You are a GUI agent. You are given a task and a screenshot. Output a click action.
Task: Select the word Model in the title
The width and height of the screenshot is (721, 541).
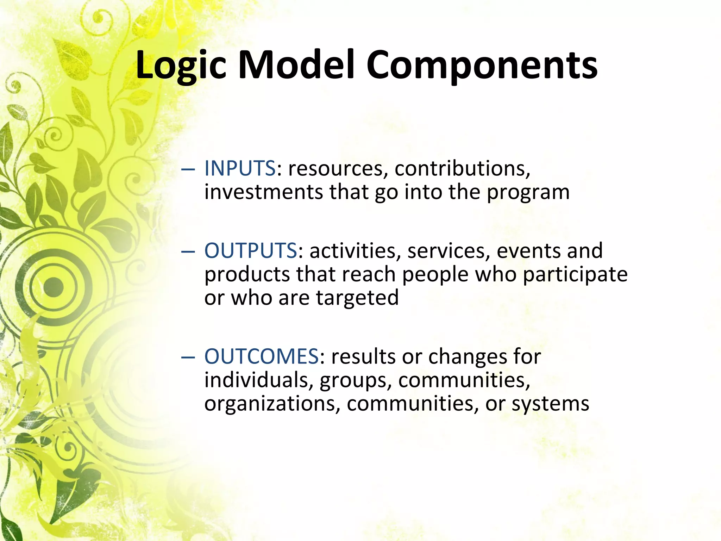click(x=296, y=65)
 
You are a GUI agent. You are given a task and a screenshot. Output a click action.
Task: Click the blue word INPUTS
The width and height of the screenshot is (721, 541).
click(x=240, y=168)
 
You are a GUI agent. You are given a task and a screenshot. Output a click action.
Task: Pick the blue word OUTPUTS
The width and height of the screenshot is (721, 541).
click(x=251, y=250)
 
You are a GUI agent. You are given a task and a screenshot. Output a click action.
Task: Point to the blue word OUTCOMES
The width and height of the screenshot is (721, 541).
click(x=262, y=356)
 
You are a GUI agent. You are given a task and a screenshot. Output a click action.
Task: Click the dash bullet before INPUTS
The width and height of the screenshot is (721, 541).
click(x=188, y=169)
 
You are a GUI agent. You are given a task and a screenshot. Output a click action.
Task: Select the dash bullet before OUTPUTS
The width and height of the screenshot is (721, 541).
click(x=188, y=251)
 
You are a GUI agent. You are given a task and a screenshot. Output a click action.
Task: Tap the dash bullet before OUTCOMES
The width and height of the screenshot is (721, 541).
click(x=188, y=357)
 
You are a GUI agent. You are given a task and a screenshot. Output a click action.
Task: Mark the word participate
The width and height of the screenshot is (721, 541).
click(x=575, y=275)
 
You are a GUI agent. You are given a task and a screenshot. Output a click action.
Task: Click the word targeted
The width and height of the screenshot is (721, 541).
click(x=357, y=298)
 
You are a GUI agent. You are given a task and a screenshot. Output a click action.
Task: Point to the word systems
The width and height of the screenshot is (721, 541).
click(x=550, y=404)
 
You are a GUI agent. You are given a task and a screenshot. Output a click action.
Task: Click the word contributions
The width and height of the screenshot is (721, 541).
click(x=462, y=168)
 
